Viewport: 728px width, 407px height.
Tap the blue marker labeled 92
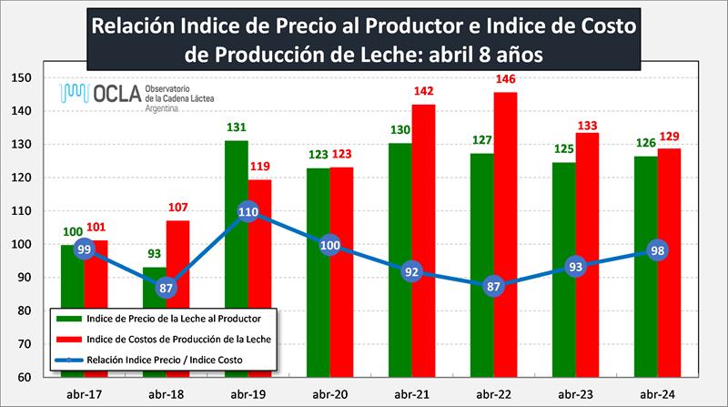point(412,270)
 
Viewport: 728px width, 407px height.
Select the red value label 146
point(507,79)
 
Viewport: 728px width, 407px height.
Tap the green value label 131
point(236,128)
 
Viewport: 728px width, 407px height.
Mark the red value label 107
point(178,207)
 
